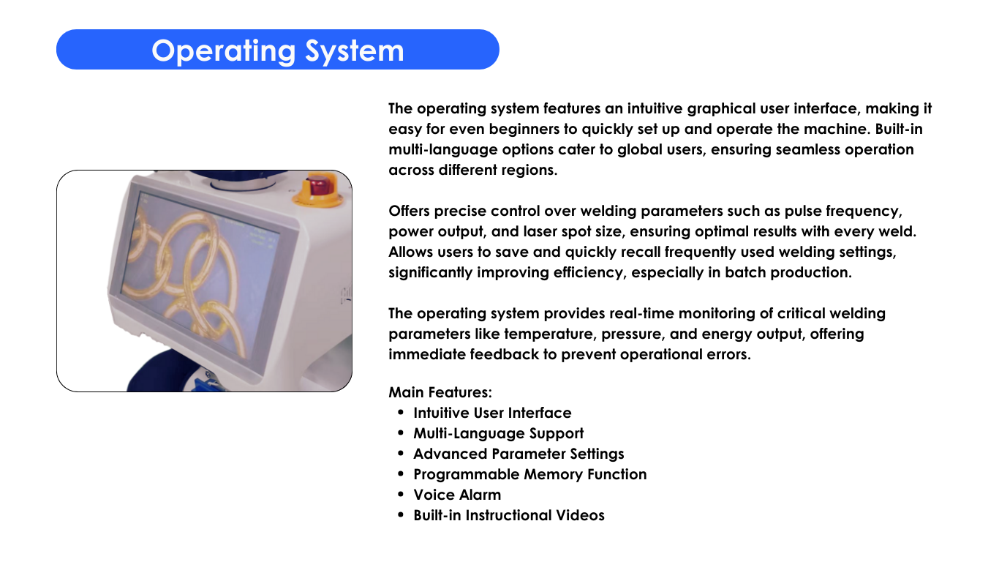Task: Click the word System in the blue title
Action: (x=355, y=51)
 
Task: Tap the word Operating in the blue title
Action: (x=224, y=51)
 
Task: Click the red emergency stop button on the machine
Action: (x=317, y=185)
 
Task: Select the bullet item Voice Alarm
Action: (x=457, y=495)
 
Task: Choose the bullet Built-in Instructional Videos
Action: (x=509, y=515)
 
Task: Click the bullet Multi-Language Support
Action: (x=498, y=433)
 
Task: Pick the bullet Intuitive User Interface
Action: (x=492, y=413)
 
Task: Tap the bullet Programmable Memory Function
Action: (x=529, y=474)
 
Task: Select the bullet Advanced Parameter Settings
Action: (x=519, y=454)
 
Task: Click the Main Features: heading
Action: (x=440, y=392)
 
